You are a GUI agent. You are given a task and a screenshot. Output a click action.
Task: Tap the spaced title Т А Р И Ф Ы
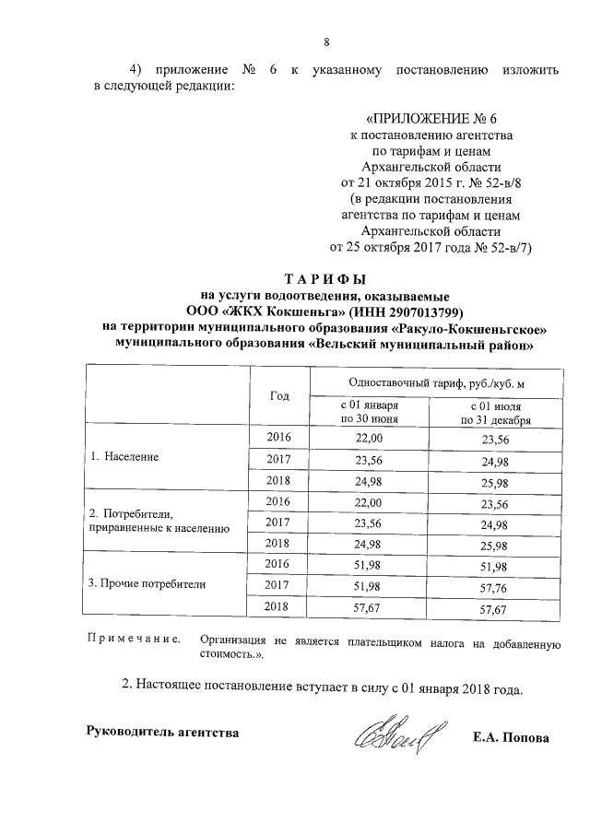click(325, 279)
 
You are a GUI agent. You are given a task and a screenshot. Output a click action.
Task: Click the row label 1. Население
click(124, 457)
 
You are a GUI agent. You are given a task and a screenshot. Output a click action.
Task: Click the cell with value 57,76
click(494, 584)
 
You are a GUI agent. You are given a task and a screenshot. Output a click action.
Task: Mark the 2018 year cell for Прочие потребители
click(277, 605)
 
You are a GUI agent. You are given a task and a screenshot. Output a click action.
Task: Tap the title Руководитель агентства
click(162, 732)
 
